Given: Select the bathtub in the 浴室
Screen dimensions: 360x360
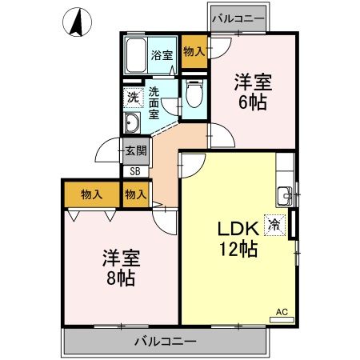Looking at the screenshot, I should [137, 54].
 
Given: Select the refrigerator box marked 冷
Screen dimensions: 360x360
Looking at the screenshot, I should [275, 225].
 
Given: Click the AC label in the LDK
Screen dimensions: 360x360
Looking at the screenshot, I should [282, 311].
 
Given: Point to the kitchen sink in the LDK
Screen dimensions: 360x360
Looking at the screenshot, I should [285, 194].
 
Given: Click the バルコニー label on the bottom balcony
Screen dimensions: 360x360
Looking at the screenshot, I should [165, 342].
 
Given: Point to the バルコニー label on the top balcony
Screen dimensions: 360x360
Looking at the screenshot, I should [238, 17].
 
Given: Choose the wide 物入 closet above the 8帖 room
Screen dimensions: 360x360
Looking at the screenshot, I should [91, 194].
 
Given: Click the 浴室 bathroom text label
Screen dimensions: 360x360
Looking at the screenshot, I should [162, 55].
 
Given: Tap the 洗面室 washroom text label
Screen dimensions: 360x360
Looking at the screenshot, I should [154, 103].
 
